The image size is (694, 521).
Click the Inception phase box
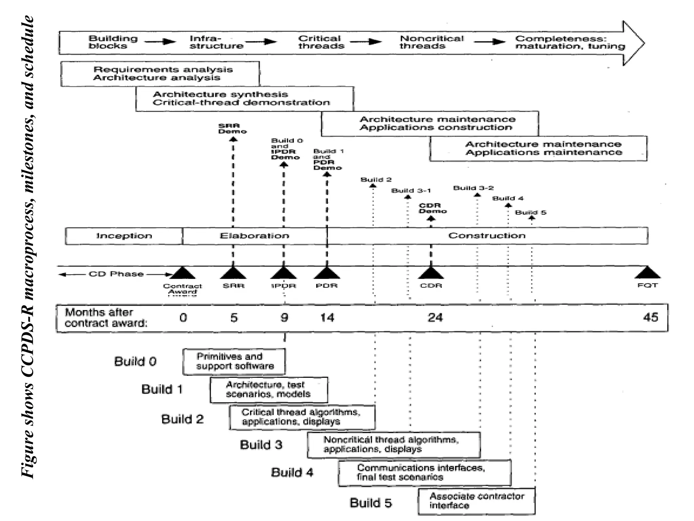click(x=124, y=236)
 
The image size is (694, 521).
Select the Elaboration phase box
click(x=254, y=236)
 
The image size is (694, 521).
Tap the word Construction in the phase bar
click(x=487, y=236)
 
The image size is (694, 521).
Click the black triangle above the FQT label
click(x=648, y=273)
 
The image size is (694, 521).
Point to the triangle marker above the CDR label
click(x=431, y=273)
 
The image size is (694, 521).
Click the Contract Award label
click(x=182, y=289)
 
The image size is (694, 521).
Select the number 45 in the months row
click(x=650, y=317)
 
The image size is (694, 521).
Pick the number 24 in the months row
click(x=435, y=318)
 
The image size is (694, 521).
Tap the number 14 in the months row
click(x=327, y=318)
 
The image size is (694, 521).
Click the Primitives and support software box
click(x=234, y=362)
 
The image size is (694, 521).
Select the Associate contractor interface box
click(x=476, y=501)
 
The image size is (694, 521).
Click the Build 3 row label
click(x=261, y=445)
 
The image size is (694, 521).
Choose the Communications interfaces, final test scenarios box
click(x=424, y=473)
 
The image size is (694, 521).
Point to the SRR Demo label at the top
click(x=232, y=129)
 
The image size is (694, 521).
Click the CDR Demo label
click(x=432, y=208)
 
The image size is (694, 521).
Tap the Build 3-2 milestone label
click(x=473, y=188)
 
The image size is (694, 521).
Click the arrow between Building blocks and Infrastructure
click(x=160, y=42)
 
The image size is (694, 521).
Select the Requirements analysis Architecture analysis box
click(x=160, y=74)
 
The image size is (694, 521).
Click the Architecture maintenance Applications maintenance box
click(x=538, y=149)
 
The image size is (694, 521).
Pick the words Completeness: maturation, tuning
click(x=570, y=42)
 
